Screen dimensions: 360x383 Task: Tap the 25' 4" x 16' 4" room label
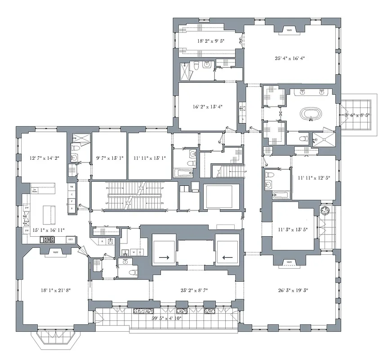290,58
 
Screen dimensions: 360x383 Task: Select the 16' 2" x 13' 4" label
208,107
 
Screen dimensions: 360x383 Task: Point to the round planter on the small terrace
325,211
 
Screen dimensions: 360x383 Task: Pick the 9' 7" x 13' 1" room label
109,158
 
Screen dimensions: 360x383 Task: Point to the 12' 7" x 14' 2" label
44,158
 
